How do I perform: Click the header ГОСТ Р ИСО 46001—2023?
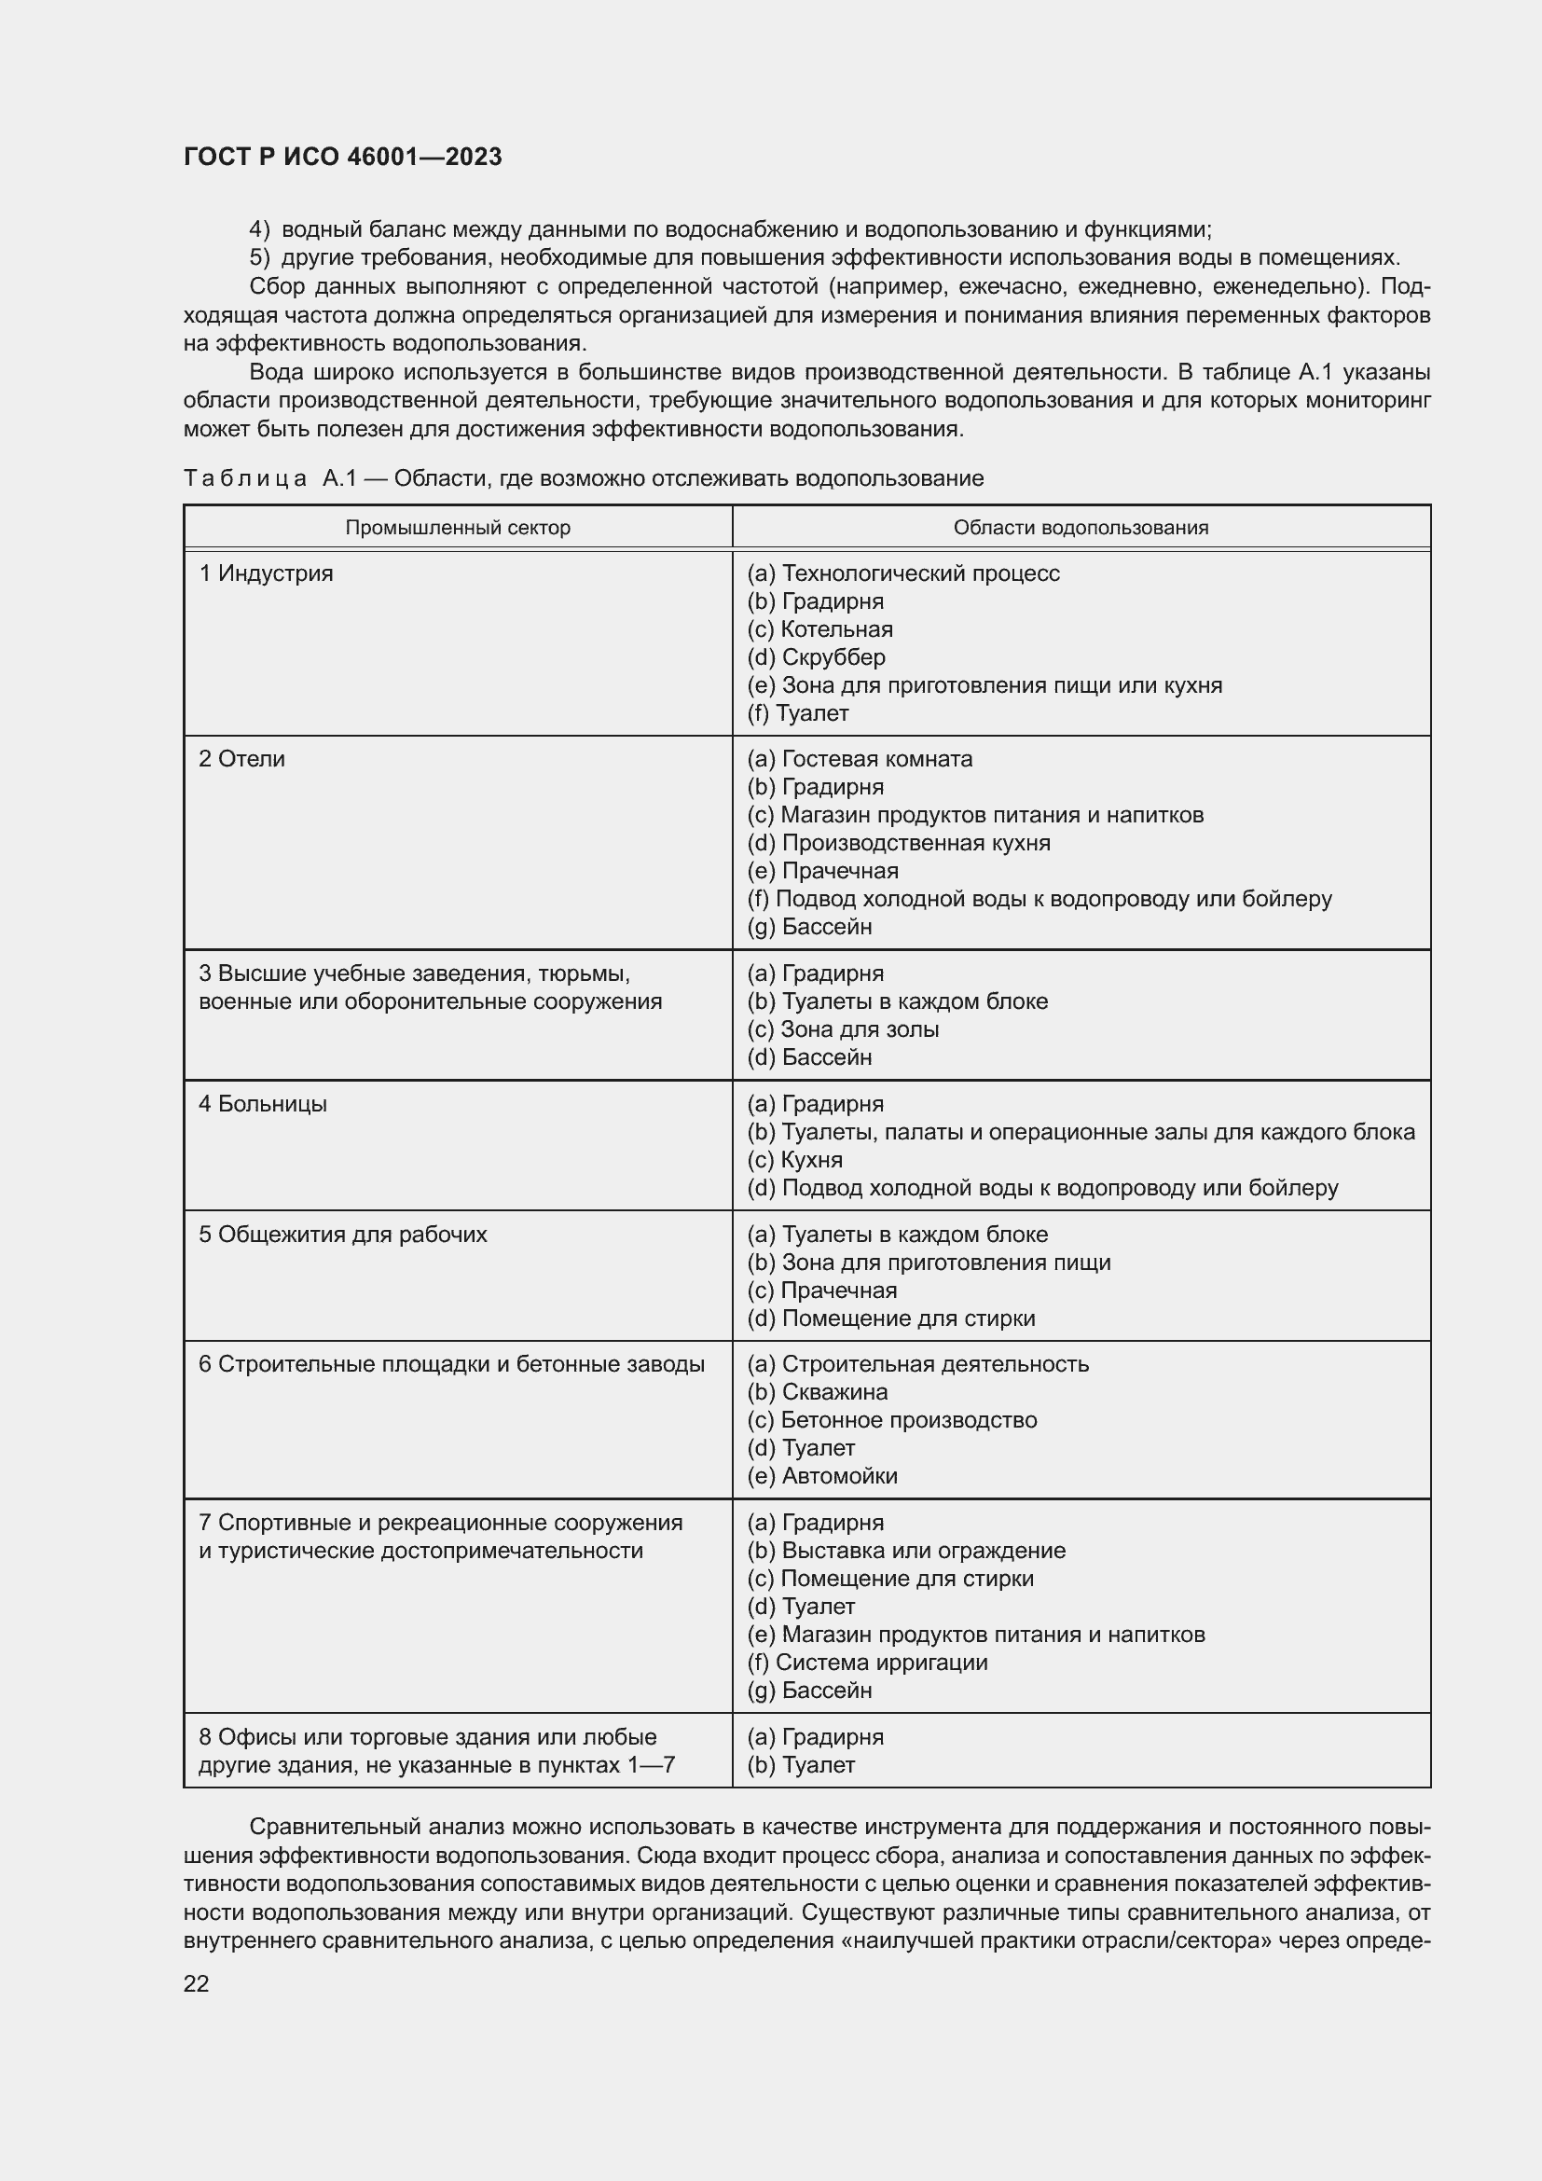point(343,158)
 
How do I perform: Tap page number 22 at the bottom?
point(197,1983)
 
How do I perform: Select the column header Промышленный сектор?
point(458,528)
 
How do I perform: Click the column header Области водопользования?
point(1081,528)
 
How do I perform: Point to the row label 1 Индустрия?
point(266,573)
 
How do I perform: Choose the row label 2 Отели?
point(242,759)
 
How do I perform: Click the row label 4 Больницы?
point(263,1104)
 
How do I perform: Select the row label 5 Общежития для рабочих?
point(343,1235)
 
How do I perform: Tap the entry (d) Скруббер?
point(817,657)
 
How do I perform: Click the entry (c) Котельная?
point(820,629)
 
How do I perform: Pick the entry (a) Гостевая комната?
point(860,759)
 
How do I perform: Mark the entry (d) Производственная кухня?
point(899,844)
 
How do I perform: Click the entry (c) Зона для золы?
point(843,1029)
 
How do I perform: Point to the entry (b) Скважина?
point(818,1392)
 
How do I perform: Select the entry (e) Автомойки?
point(822,1476)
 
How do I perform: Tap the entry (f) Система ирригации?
point(868,1663)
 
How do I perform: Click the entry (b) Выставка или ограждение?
point(907,1551)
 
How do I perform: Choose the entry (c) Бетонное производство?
point(892,1420)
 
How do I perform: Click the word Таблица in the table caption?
point(245,478)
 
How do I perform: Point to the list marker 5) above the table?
point(259,258)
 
